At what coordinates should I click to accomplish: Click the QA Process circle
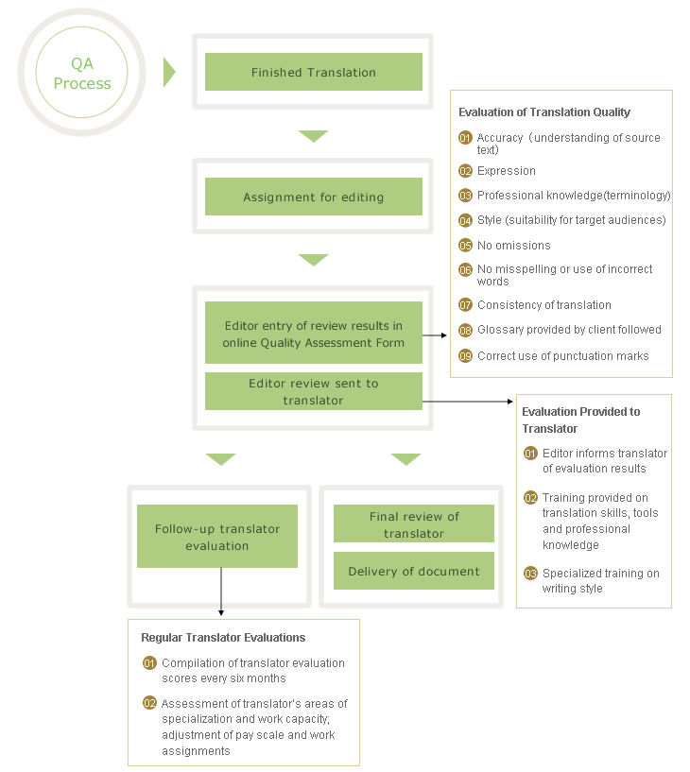click(81, 74)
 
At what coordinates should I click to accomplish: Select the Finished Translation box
click(313, 72)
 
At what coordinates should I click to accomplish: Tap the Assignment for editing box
click(313, 197)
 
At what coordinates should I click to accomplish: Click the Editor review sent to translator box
click(313, 391)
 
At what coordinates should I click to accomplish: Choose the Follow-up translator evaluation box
click(216, 537)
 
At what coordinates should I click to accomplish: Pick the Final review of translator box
click(413, 524)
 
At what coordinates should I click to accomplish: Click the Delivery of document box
click(413, 571)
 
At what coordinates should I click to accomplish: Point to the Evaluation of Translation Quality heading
click(543, 112)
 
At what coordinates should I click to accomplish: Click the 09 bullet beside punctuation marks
click(465, 356)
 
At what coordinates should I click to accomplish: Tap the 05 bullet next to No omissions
click(465, 245)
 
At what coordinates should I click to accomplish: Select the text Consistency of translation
click(543, 305)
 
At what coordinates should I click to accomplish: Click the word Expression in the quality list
click(506, 171)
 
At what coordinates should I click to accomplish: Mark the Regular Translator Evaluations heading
click(223, 638)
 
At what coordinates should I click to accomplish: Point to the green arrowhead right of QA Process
click(169, 72)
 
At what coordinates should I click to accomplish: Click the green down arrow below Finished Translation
click(313, 136)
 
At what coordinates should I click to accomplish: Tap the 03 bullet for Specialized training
click(530, 574)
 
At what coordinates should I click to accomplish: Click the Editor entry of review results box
click(313, 335)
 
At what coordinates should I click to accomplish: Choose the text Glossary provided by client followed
click(569, 330)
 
